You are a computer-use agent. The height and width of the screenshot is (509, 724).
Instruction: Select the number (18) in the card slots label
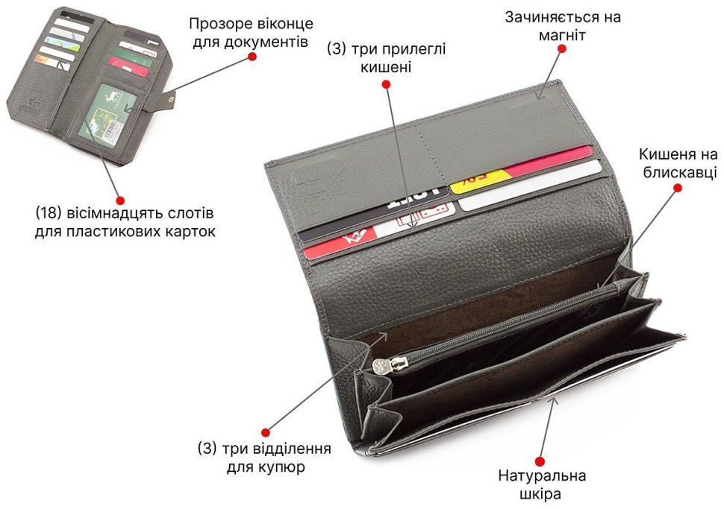click(x=49, y=213)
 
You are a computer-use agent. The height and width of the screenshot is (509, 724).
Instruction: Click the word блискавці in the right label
click(x=680, y=171)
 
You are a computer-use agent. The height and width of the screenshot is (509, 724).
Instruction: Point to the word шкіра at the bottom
click(x=540, y=494)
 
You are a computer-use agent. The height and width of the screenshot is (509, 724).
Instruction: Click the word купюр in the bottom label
click(x=281, y=467)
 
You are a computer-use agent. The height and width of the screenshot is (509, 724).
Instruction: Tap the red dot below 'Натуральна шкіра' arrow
click(x=540, y=461)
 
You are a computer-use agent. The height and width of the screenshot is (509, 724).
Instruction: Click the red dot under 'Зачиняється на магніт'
click(x=561, y=48)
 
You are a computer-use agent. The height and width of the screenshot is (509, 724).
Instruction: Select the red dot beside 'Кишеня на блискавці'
click(x=678, y=188)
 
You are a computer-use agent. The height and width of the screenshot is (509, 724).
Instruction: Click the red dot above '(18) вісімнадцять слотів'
click(x=120, y=200)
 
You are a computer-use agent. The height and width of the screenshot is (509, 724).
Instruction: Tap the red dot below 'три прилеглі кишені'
click(x=386, y=84)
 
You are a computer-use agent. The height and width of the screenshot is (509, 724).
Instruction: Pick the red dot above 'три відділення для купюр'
click(x=265, y=432)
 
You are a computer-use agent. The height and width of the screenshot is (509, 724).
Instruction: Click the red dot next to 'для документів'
click(x=252, y=56)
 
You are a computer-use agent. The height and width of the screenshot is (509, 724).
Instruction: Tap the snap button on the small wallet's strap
click(x=172, y=98)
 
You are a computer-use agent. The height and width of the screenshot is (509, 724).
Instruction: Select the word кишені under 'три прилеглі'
click(x=386, y=67)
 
